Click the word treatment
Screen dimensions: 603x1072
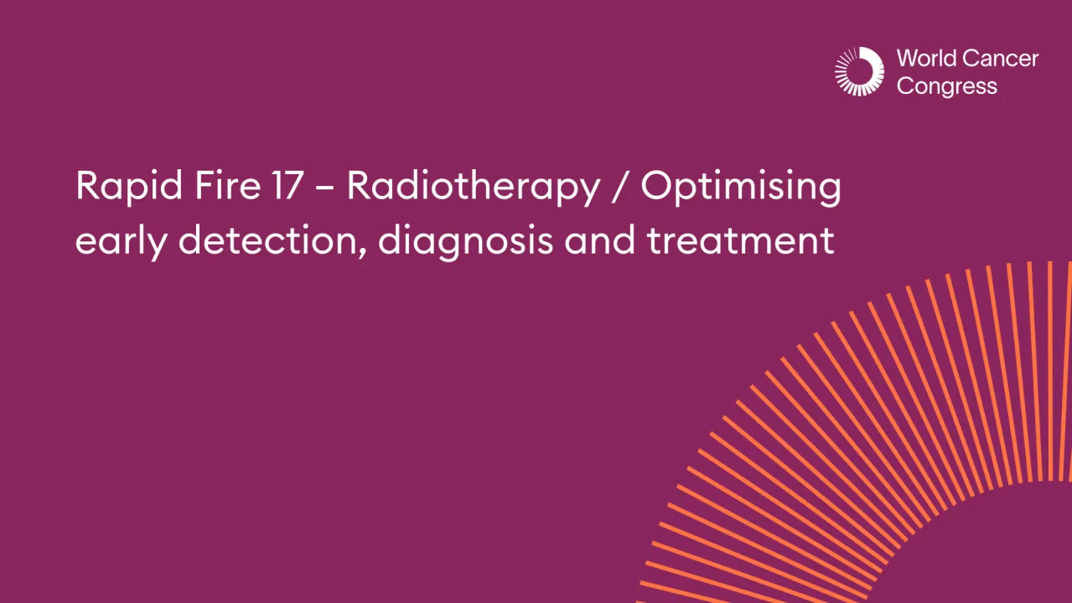point(740,240)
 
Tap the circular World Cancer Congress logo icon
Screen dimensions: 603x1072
point(859,71)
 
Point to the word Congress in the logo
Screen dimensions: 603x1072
point(946,87)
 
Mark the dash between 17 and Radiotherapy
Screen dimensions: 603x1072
point(324,187)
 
